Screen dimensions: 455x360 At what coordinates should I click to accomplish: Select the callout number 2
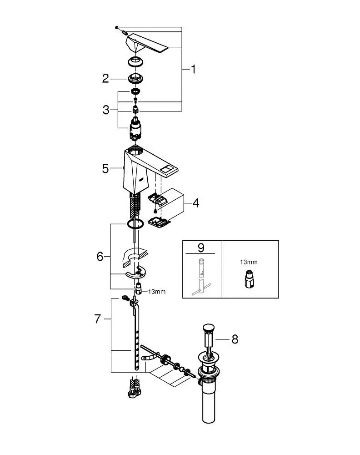[x=105, y=79]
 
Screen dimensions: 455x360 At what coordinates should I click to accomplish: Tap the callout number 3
[x=106, y=110]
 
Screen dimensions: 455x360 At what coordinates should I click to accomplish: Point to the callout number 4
[x=195, y=203]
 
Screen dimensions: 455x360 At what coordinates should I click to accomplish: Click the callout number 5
[x=105, y=168]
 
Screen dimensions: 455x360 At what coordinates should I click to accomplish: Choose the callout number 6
[x=100, y=257]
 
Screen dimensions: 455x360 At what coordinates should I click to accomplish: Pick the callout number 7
[x=97, y=319]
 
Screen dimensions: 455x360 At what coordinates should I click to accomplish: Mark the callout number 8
[x=235, y=339]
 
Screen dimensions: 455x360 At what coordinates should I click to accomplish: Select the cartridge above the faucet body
[x=135, y=129]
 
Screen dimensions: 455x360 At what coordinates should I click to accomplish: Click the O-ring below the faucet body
[x=135, y=224]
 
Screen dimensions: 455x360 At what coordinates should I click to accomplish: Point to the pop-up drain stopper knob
[x=209, y=327]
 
